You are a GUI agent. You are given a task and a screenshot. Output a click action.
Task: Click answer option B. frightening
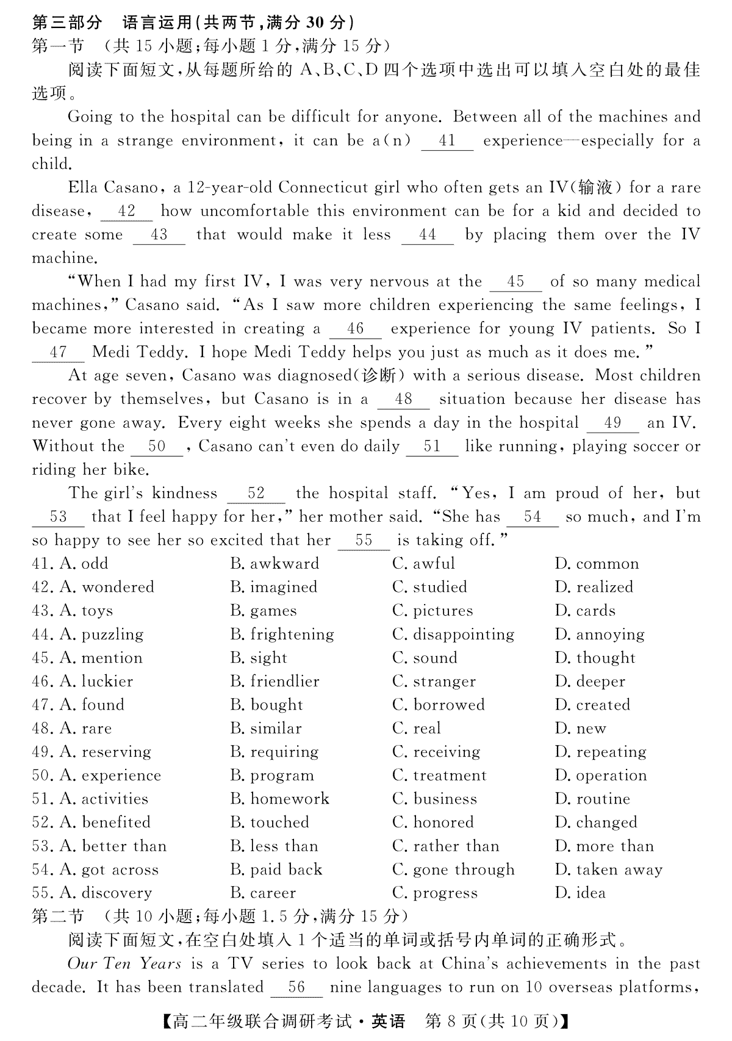coord(282,635)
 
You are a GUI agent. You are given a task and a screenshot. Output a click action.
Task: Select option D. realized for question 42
coord(594,587)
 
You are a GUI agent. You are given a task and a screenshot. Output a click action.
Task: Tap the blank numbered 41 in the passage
coord(447,141)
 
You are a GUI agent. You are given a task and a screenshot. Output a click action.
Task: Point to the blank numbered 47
coord(58,353)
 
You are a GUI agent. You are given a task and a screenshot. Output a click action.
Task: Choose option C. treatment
coord(439,776)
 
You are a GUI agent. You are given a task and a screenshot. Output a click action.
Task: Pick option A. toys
coord(86,611)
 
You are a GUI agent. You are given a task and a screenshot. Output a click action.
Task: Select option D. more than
coord(604,846)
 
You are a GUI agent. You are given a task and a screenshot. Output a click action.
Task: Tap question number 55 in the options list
coord(41,893)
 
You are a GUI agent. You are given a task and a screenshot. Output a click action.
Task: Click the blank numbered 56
coord(296,988)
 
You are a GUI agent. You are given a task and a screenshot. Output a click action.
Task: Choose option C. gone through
coord(453,870)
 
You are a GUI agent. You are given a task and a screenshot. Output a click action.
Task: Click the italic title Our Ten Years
coord(124,964)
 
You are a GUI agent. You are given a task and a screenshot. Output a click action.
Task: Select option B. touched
coord(270,823)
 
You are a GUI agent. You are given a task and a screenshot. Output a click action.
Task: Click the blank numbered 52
coord(256,494)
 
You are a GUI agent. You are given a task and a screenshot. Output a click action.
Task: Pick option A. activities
coord(104,799)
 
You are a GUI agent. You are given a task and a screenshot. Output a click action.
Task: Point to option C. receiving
coord(436,752)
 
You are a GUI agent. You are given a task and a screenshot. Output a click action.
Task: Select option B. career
coord(263,893)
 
